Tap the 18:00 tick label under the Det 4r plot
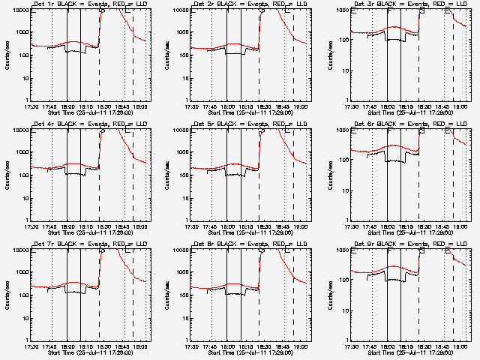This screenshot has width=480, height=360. pyautogui.click(x=67, y=226)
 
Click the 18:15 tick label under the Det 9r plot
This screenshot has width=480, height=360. pyautogui.click(x=406, y=346)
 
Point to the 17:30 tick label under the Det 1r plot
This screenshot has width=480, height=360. pyautogui.click(x=31, y=106)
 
